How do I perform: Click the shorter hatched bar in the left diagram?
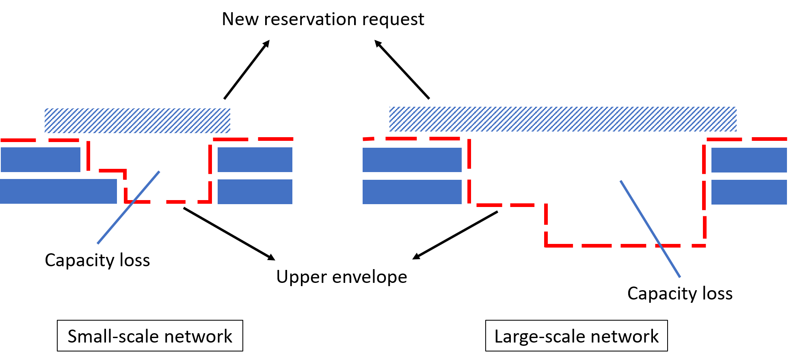(x=137, y=121)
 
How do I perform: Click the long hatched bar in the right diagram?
(x=563, y=119)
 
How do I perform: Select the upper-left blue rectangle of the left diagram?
(x=41, y=160)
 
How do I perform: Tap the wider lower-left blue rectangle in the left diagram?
(x=58, y=192)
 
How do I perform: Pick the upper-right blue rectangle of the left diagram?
(x=255, y=160)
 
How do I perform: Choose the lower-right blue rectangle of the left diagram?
(x=255, y=192)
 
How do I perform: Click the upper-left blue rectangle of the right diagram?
(x=412, y=160)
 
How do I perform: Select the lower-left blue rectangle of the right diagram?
(x=412, y=192)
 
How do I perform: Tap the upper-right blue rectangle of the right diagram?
(x=749, y=160)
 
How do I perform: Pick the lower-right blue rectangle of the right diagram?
(x=749, y=192)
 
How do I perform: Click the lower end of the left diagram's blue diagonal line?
(x=98, y=244)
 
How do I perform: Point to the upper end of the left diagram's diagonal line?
(x=159, y=172)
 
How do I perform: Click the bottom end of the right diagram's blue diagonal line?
(x=680, y=277)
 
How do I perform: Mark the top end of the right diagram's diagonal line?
(x=620, y=181)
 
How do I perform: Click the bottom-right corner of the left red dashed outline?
(x=210, y=201)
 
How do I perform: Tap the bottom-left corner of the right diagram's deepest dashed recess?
(x=546, y=246)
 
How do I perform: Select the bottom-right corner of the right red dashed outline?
(x=704, y=246)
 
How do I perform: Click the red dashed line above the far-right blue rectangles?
(x=747, y=139)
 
